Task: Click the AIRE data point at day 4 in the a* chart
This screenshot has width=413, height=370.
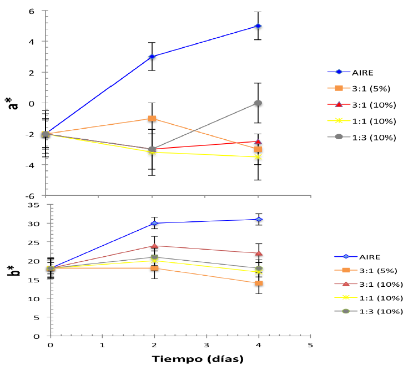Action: click(258, 26)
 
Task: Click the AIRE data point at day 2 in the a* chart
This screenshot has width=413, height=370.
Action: click(152, 57)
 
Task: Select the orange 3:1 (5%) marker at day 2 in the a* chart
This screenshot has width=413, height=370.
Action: click(152, 119)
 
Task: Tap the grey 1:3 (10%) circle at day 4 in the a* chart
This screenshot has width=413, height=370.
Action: click(258, 103)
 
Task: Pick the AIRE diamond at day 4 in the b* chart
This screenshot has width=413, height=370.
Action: click(258, 220)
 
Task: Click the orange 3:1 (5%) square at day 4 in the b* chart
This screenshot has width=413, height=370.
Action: click(258, 283)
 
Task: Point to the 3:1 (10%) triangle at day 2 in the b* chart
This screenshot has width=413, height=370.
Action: click(154, 246)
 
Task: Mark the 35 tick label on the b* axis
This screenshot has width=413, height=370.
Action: click(33, 205)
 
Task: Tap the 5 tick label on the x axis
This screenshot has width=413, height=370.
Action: click(310, 345)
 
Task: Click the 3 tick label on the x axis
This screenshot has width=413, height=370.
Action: click(206, 345)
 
